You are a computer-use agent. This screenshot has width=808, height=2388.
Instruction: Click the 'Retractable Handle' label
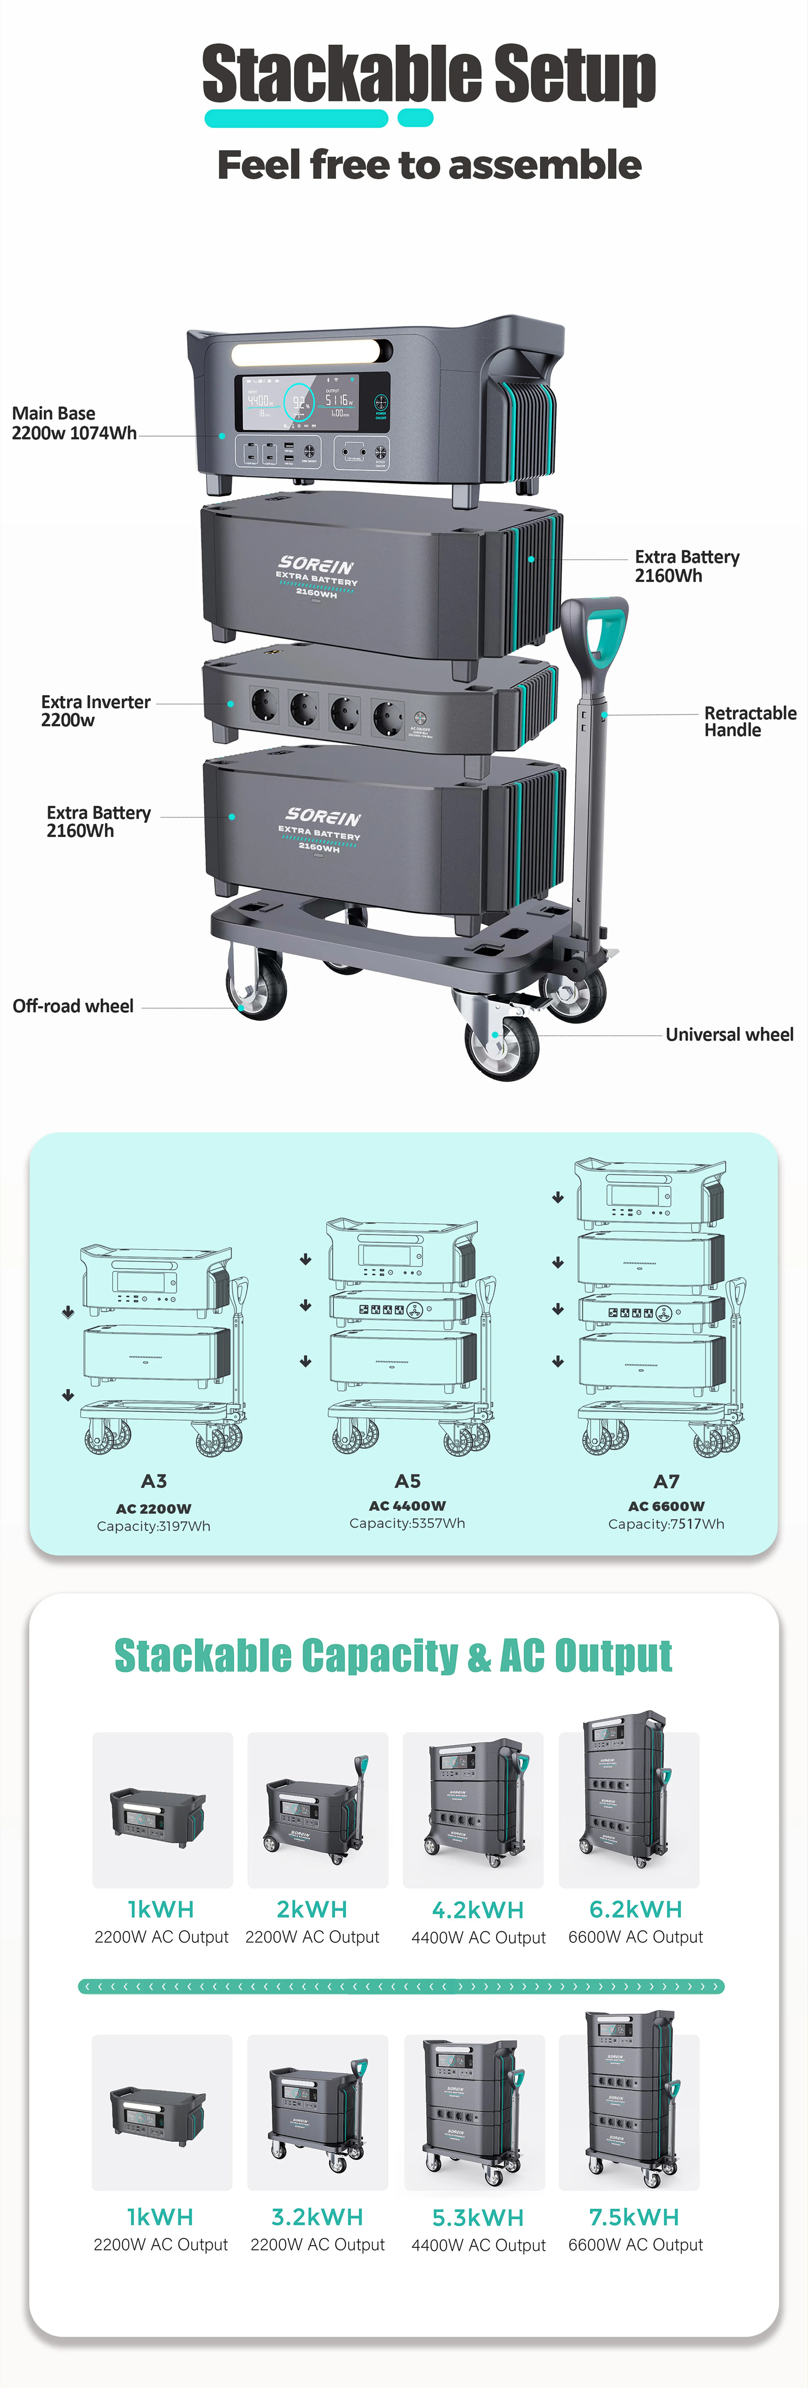[750, 721]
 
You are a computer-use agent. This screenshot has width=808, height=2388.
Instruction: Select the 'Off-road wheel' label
[73, 1006]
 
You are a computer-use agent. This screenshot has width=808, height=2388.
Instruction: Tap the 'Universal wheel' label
[729, 1035]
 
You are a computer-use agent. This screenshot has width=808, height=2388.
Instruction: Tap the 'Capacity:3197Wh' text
[154, 1526]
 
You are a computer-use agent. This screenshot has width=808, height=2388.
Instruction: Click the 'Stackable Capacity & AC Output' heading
[393, 1656]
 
